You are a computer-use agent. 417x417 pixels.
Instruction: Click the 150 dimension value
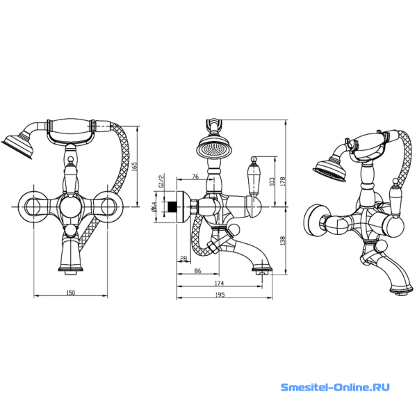click(70, 293)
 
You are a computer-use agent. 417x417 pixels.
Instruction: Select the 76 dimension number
click(195, 177)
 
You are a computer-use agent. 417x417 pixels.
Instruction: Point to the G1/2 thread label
click(161, 181)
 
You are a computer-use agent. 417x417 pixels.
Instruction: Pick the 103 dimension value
click(272, 181)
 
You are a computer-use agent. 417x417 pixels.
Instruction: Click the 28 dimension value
click(183, 258)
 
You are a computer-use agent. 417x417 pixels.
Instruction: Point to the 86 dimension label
click(197, 271)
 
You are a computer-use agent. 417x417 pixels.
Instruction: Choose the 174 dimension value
click(219, 284)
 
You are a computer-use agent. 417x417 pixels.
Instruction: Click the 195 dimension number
click(220, 295)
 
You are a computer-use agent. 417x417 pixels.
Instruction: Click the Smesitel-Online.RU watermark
click(335, 387)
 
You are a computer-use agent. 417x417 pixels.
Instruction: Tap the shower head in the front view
click(17, 147)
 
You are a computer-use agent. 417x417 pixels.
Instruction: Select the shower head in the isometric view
click(329, 170)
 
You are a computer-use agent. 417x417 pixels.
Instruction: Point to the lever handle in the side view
click(254, 176)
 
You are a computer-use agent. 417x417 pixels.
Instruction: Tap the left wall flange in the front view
click(33, 206)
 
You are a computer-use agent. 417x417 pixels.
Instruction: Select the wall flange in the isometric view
click(314, 220)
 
